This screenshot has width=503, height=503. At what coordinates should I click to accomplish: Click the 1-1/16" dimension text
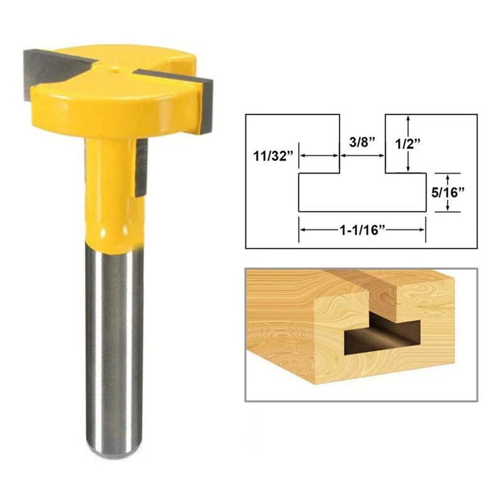point(362,231)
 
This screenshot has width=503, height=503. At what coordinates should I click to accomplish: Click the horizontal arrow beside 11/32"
point(318,157)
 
